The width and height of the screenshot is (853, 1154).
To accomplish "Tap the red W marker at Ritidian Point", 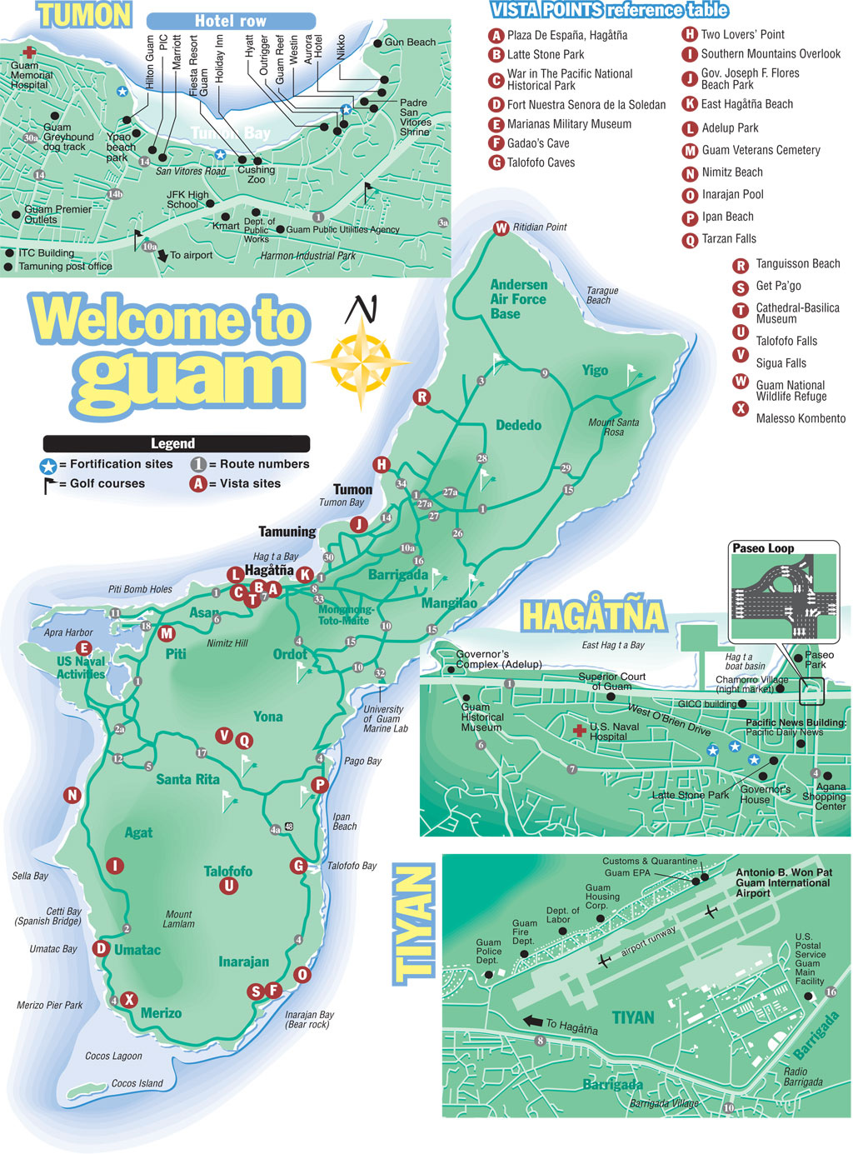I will pyautogui.click(x=501, y=228).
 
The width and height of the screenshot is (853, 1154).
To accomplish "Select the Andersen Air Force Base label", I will pyautogui.click(x=518, y=299).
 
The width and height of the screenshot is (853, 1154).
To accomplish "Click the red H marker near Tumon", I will pyautogui.click(x=382, y=465).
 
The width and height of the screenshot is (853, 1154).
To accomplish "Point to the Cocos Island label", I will pyautogui.click(x=137, y=1084).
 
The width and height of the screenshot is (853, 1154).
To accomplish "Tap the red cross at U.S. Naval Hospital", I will pyautogui.click(x=579, y=731).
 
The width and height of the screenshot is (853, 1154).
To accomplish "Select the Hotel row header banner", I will pyautogui.click(x=231, y=21).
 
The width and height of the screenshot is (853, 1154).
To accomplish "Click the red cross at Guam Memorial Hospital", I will pyautogui.click(x=29, y=52).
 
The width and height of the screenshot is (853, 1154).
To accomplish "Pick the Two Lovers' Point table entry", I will pyautogui.click(x=741, y=35).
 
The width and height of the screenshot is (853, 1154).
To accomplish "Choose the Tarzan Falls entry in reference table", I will pyautogui.click(x=728, y=239).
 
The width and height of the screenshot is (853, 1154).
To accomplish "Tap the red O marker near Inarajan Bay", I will pyautogui.click(x=302, y=975).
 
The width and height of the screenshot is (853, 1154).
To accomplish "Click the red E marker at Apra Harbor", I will pyautogui.click(x=83, y=648).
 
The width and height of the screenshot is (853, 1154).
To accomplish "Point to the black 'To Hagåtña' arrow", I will pyautogui.click(x=532, y=1022).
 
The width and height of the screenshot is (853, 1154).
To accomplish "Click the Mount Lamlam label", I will pyautogui.click(x=178, y=919).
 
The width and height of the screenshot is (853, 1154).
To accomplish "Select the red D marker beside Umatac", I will pyautogui.click(x=101, y=948).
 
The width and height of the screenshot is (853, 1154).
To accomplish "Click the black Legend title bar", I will pyautogui.click(x=176, y=444).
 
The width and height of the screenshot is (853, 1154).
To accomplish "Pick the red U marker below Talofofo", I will pyautogui.click(x=229, y=887).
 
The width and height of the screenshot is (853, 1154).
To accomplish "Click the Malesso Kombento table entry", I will pyautogui.click(x=800, y=418).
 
